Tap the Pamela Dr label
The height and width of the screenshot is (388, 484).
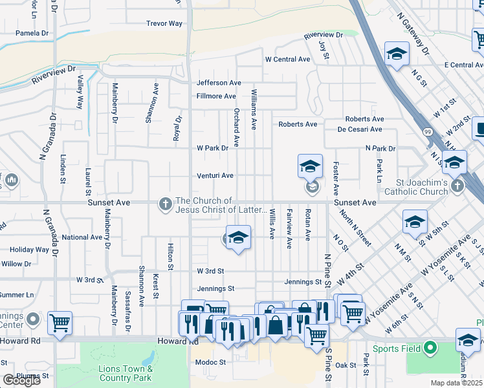(x=32, y=32)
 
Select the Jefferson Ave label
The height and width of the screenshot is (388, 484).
(x=219, y=83)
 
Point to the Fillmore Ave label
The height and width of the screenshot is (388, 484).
(x=216, y=96)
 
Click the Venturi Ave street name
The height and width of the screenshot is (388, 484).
(x=215, y=175)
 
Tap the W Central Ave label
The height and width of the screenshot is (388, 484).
(x=287, y=59)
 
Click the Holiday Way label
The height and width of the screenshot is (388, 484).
(x=29, y=250)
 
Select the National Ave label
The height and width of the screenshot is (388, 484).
(x=82, y=237)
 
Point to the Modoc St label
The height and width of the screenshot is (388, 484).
(x=210, y=362)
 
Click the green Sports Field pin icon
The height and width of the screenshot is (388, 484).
(x=431, y=349)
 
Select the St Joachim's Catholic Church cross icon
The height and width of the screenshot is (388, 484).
(x=457, y=186)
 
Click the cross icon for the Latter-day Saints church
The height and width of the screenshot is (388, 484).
(x=165, y=204)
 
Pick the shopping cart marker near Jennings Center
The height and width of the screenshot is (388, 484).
(x=60, y=322)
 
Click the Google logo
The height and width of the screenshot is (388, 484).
(x=21, y=380)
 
